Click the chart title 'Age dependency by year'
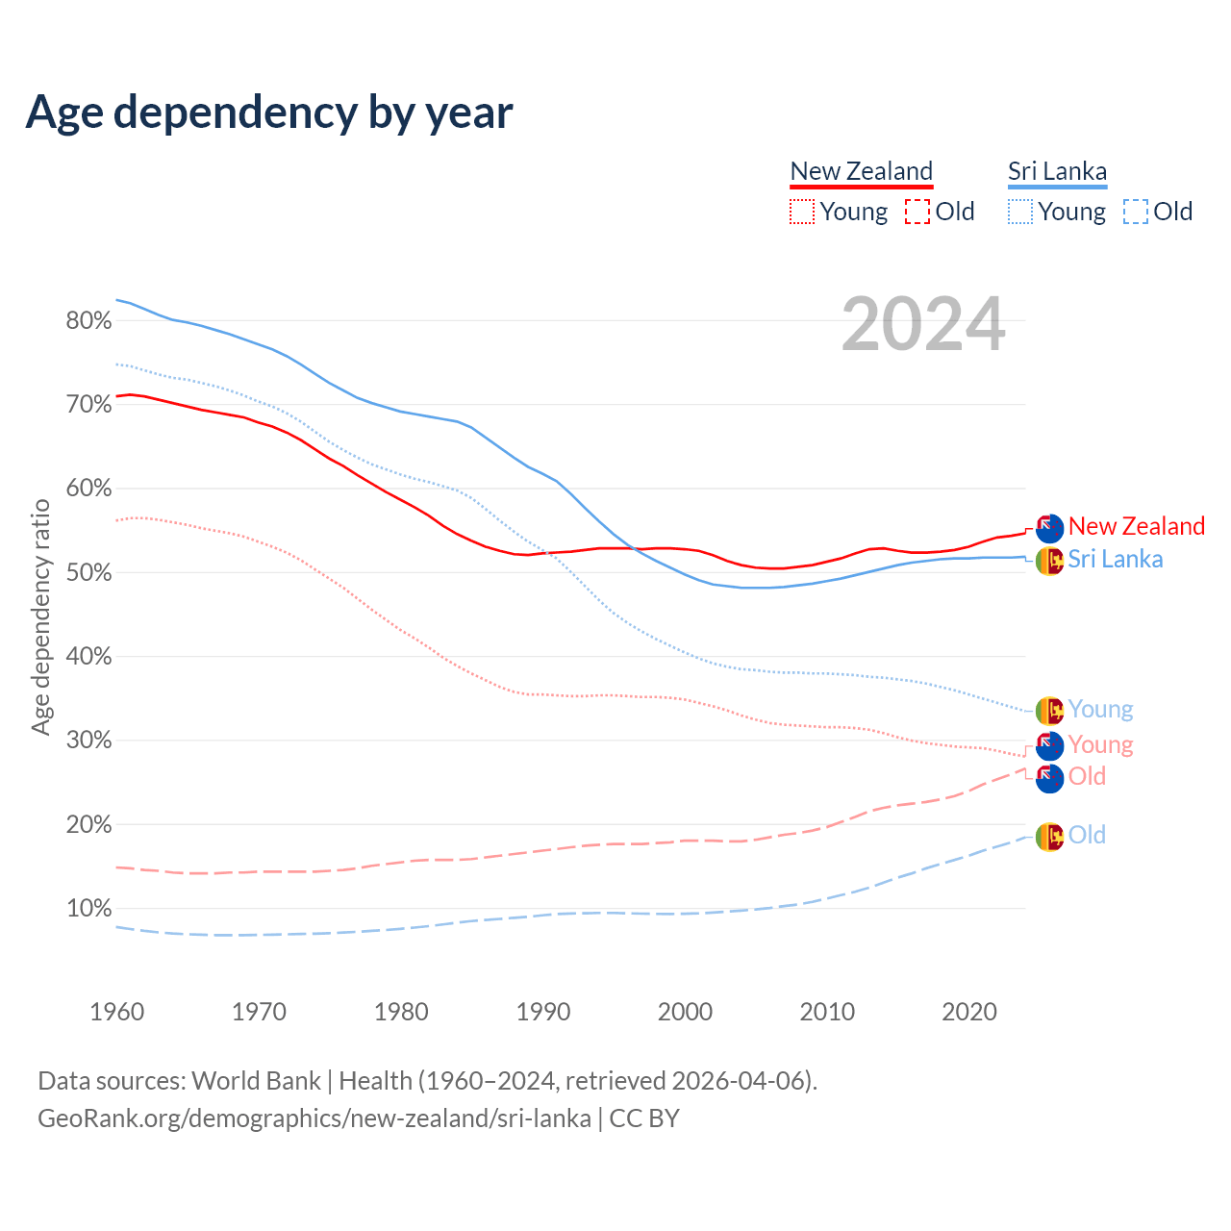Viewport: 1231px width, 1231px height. pos(269,113)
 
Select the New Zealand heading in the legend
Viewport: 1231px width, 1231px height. pos(861,171)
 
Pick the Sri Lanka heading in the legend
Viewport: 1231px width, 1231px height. pos(1057,171)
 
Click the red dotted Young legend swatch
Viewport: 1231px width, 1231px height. pos(801,212)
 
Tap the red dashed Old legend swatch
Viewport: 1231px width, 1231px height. pos(917,212)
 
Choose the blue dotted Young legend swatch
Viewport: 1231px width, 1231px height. pos(1020,212)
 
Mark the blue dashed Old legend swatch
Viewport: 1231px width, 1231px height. pos(1136,212)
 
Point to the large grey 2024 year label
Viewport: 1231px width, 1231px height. pos(923,324)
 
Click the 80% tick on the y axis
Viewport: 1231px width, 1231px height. pos(88,321)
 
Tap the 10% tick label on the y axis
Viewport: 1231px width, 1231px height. pos(88,909)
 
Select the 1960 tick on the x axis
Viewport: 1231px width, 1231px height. pos(116,1012)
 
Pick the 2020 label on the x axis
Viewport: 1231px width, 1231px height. pos(968,1012)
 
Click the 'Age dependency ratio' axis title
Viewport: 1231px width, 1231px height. pos(40,615)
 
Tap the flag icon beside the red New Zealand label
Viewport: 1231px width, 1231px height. pos(1049,527)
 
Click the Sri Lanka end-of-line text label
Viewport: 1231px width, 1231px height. pos(1115,560)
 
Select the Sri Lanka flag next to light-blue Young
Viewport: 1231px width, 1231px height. pos(1049,710)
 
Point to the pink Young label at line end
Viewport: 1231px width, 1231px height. pos(1100,745)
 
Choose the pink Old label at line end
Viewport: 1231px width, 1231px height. pos(1087,777)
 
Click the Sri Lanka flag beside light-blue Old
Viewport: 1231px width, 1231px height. pos(1049,837)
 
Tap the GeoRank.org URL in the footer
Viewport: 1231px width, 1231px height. pos(314,1118)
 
